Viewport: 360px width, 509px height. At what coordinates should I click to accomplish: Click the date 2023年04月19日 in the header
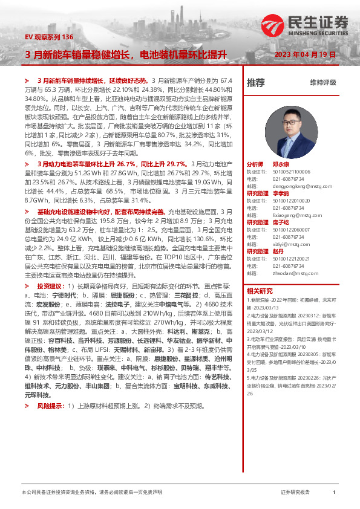[x=304, y=54]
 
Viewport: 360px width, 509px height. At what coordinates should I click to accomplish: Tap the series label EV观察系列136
[x=49, y=37]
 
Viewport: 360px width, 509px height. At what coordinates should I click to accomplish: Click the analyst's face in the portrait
[x=290, y=122]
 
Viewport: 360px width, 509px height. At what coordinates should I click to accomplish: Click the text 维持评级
[x=322, y=82]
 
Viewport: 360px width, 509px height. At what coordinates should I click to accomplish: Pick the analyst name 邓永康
[x=280, y=164]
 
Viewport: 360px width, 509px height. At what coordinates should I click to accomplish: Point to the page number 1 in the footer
[x=334, y=492]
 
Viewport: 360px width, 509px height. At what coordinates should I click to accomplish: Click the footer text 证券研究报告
[x=295, y=492]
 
